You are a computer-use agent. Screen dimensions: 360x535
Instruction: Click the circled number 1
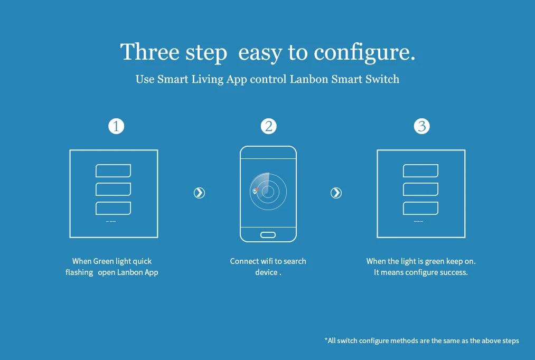tap(116, 127)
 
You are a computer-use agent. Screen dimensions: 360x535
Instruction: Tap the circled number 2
tap(269, 127)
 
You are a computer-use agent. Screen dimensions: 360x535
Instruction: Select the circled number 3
tap(421, 127)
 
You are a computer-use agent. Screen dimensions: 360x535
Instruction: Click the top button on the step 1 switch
tap(113, 170)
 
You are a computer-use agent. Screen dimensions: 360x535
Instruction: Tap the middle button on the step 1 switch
tap(113, 189)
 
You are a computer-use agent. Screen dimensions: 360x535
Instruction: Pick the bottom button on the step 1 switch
tap(113, 208)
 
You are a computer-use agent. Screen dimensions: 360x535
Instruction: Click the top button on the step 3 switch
tap(420, 170)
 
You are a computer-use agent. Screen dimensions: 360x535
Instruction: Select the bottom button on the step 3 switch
tap(420, 208)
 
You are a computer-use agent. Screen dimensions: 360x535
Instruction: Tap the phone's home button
tap(268, 234)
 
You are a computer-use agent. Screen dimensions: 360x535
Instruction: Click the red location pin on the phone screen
tap(255, 191)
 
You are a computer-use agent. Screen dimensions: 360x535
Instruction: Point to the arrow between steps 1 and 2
tap(199, 193)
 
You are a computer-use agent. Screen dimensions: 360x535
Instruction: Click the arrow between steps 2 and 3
tap(336, 193)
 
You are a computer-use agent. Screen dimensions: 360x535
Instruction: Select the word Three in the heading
tap(149, 52)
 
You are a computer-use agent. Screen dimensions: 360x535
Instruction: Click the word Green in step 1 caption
tap(107, 261)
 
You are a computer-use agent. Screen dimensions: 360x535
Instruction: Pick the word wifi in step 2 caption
tap(267, 261)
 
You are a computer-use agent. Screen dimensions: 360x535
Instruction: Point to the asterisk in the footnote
tap(326, 340)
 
